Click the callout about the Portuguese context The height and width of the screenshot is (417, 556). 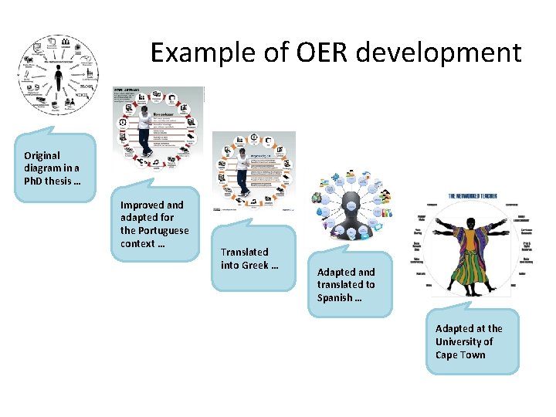(154, 224)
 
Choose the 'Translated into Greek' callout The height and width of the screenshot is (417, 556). (252, 259)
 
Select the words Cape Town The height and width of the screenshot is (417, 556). (460, 355)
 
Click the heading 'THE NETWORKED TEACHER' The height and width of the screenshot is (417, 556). (472, 198)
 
